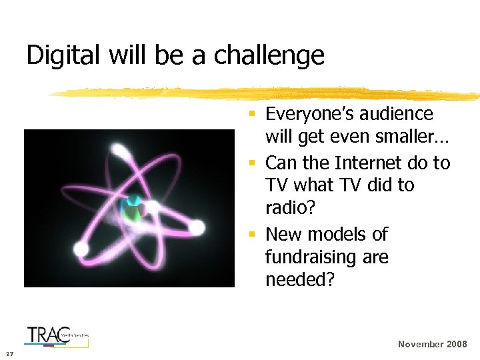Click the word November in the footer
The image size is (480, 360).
(x=421, y=344)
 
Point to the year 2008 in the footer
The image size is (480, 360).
(x=457, y=344)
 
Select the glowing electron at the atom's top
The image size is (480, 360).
(x=120, y=151)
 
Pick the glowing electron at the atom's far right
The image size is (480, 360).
(x=196, y=228)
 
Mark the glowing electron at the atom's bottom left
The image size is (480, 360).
(x=81, y=249)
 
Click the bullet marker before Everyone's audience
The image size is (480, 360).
(x=252, y=115)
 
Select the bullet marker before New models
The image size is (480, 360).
(x=252, y=235)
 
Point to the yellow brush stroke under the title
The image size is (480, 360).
(x=267, y=93)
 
